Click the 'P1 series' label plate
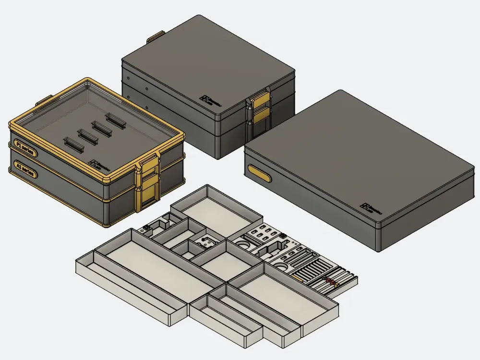[x=24, y=148]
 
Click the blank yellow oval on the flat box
[x=260, y=173]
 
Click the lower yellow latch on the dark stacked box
[x=260, y=117]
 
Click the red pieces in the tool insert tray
[x=331, y=280]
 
